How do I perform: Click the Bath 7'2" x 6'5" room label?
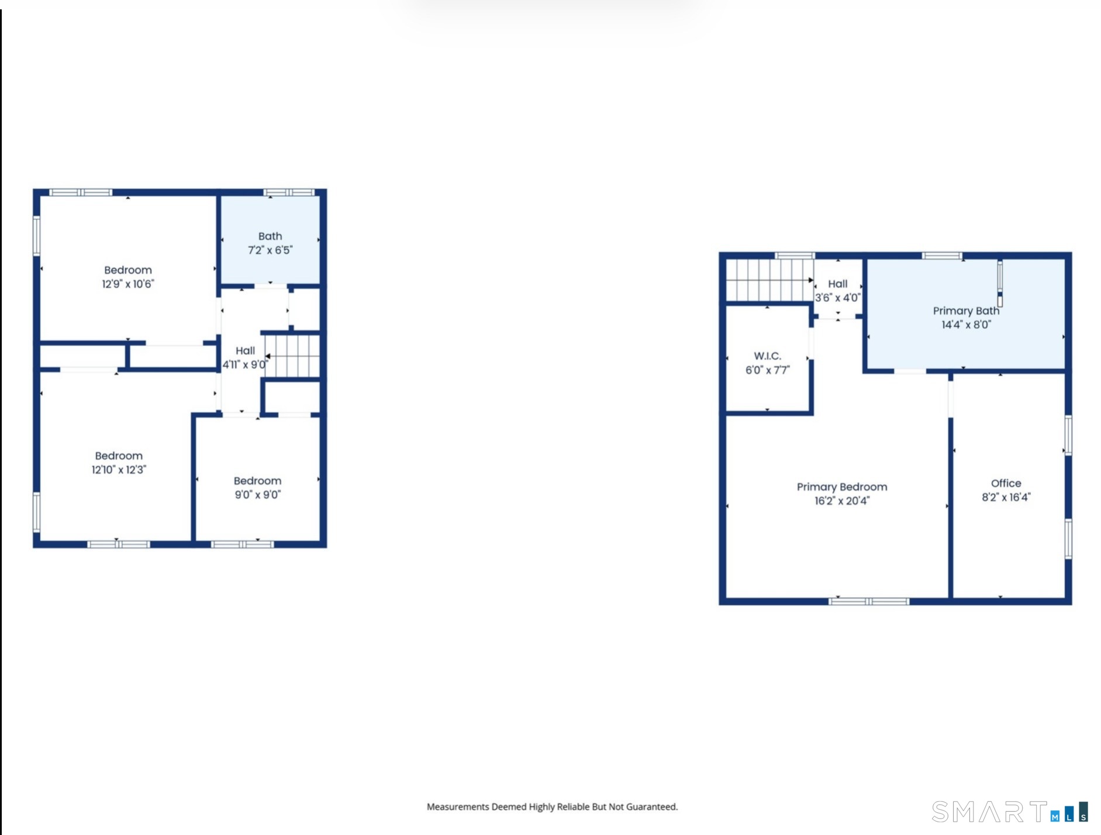[270, 243]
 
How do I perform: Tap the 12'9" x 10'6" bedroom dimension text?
[128, 284]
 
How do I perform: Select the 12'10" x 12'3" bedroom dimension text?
[119, 470]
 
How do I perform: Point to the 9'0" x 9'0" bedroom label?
[257, 488]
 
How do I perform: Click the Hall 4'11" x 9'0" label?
[245, 357]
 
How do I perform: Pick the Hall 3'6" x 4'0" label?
[837, 291]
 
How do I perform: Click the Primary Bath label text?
[965, 311]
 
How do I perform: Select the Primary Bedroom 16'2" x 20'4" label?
[841, 494]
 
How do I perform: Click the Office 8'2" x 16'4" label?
[1006, 490]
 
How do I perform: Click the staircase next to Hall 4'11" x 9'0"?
[293, 356]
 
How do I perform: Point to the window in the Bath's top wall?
[289, 192]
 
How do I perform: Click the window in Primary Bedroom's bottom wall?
[869, 601]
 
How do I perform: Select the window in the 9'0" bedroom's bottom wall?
[242, 544]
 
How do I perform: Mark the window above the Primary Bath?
[941, 256]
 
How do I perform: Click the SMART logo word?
[989, 812]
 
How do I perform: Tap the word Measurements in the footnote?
[458, 807]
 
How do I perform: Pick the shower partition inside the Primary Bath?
[1000, 284]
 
